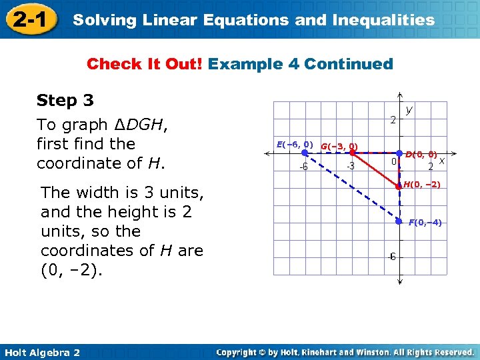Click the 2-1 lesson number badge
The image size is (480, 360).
29,19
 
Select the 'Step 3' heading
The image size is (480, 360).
65,101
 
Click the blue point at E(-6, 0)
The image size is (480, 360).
304,153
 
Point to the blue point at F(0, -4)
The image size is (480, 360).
399,221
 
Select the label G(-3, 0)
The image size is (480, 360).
339,146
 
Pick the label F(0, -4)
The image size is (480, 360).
425,222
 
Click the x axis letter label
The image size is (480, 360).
441,161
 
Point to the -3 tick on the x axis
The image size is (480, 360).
349,166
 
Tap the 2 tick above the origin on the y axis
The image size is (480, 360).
393,121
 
